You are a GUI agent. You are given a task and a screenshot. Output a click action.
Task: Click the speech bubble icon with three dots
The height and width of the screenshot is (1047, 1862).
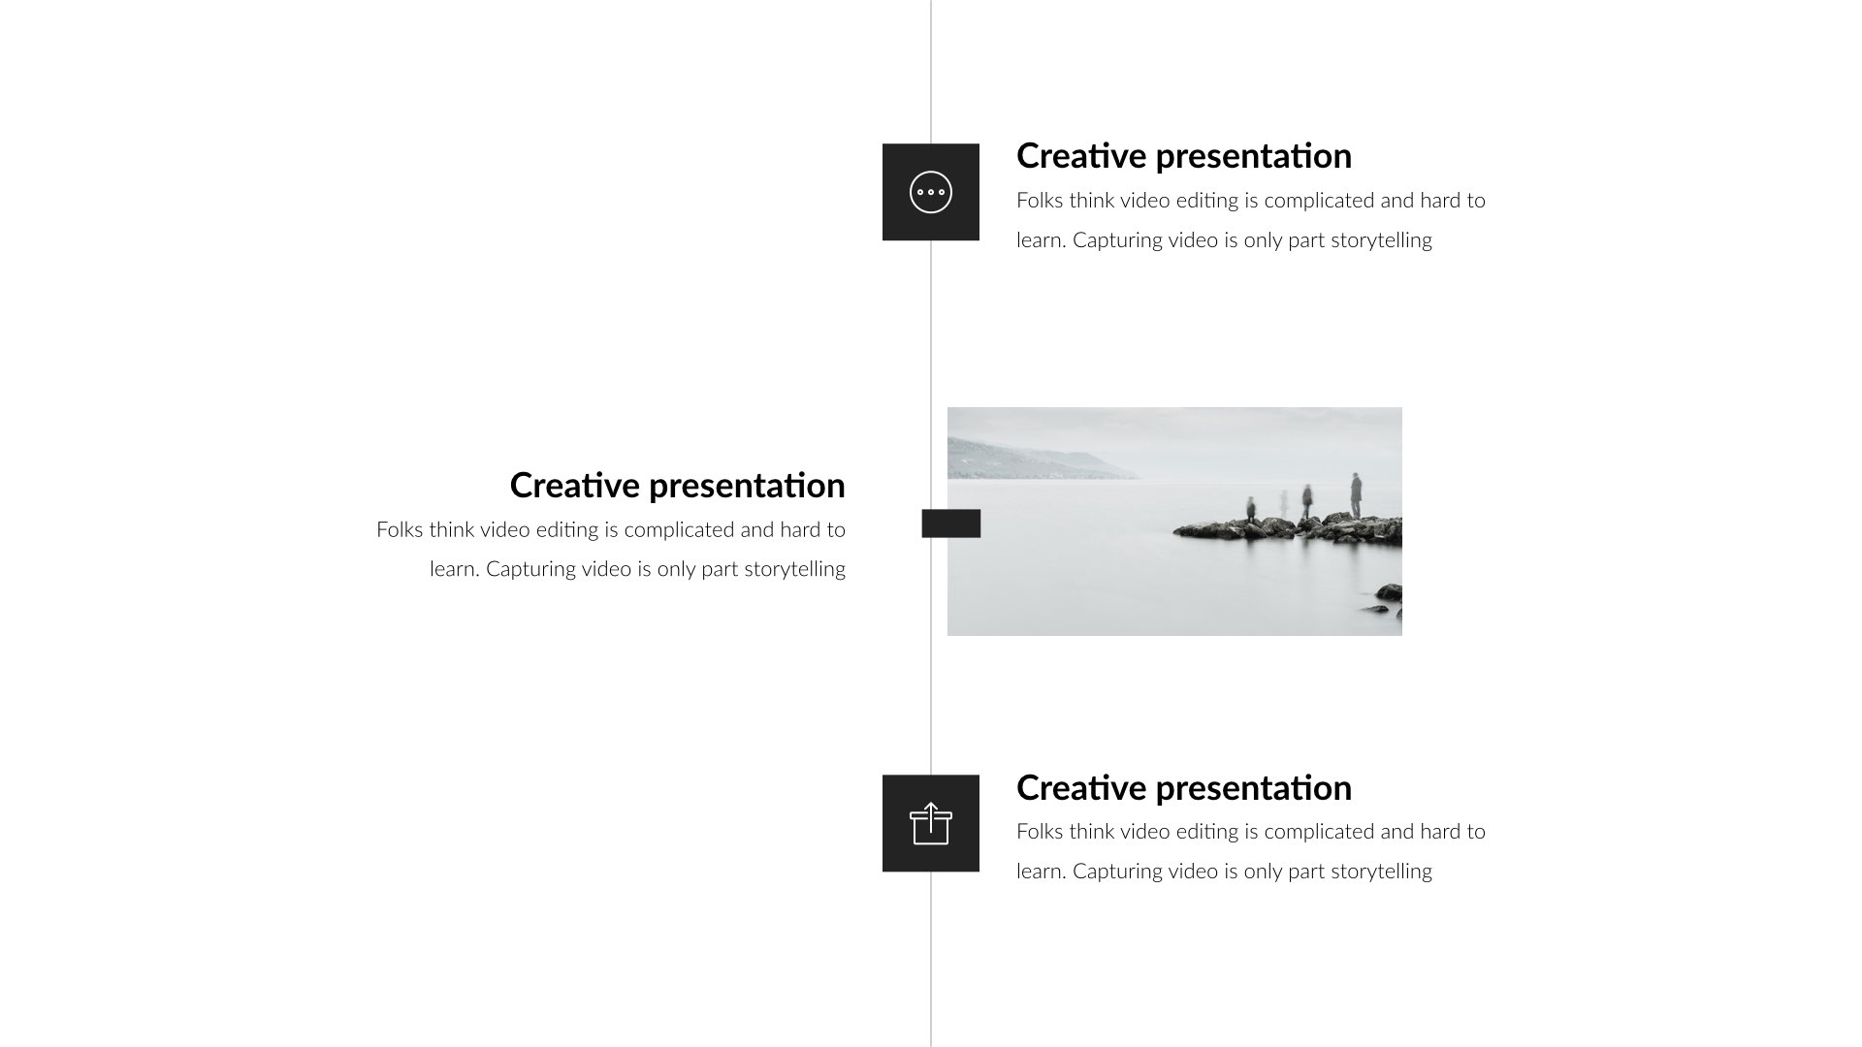coord(931,192)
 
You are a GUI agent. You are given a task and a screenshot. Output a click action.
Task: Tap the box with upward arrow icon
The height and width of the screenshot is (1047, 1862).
coord(931,824)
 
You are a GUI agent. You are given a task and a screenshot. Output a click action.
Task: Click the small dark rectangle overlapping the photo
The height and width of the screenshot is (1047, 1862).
coord(950,523)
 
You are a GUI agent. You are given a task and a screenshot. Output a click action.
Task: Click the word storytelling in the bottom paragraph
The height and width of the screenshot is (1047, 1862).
coord(1381,872)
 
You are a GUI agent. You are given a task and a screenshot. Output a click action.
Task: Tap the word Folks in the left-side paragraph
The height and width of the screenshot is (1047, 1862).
coord(400,530)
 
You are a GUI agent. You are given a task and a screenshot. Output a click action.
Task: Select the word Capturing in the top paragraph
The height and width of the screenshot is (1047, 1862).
coord(1117,240)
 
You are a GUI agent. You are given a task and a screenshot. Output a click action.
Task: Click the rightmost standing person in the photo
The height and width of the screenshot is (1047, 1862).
coord(1355,494)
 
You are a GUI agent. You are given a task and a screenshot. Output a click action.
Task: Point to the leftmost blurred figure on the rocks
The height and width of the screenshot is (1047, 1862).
coord(1251,508)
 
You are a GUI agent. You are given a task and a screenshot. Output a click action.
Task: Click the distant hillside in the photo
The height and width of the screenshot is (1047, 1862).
coord(1028,461)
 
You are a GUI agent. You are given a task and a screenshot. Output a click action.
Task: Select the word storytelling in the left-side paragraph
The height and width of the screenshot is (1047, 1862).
coord(795,569)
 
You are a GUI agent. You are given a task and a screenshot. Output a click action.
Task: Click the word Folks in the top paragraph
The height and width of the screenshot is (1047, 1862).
coord(1040,201)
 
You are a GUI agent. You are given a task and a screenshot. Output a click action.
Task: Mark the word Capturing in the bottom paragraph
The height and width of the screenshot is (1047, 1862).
coord(1117,872)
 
